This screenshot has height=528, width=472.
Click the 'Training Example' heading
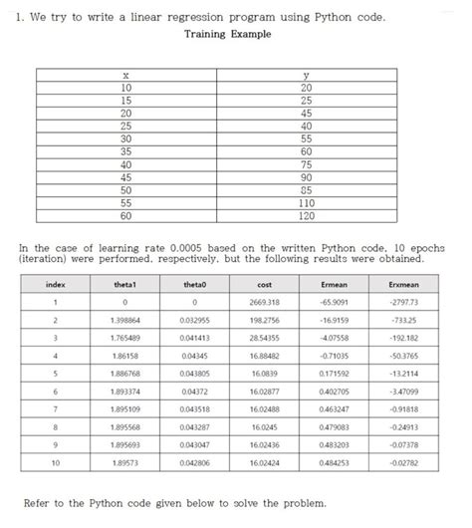[x=228, y=36]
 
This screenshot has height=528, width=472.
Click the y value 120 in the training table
[x=306, y=214]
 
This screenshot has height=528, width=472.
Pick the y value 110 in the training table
[x=306, y=201]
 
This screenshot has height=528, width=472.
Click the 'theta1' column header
[x=124, y=286]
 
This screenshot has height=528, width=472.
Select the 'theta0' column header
[x=195, y=286]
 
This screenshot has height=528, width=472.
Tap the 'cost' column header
[x=265, y=286]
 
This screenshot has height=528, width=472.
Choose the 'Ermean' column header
[x=336, y=286]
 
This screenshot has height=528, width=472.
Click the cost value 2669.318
[x=265, y=302]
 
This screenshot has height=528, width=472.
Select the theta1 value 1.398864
[x=124, y=321]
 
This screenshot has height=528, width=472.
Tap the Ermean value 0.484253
[x=336, y=462]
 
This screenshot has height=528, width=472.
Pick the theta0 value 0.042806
[x=195, y=462]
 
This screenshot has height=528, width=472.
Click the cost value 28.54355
[x=265, y=339]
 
